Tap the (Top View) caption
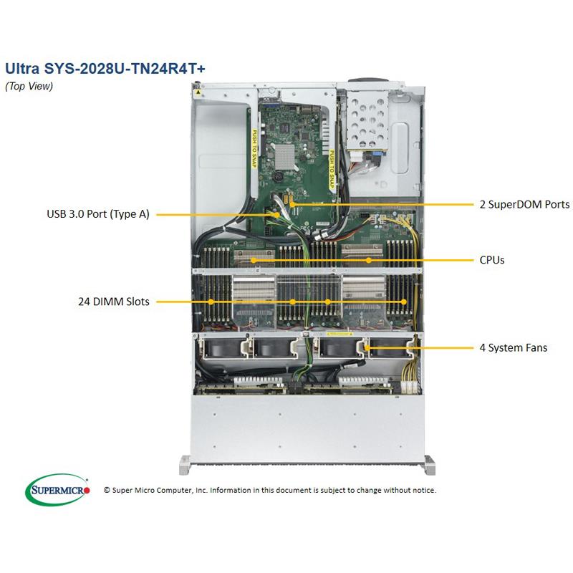point(29,86)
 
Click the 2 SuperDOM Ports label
point(524,204)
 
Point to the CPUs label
point(492,260)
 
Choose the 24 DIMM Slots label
point(115,302)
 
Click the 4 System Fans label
point(514,348)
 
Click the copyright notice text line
point(269,491)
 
